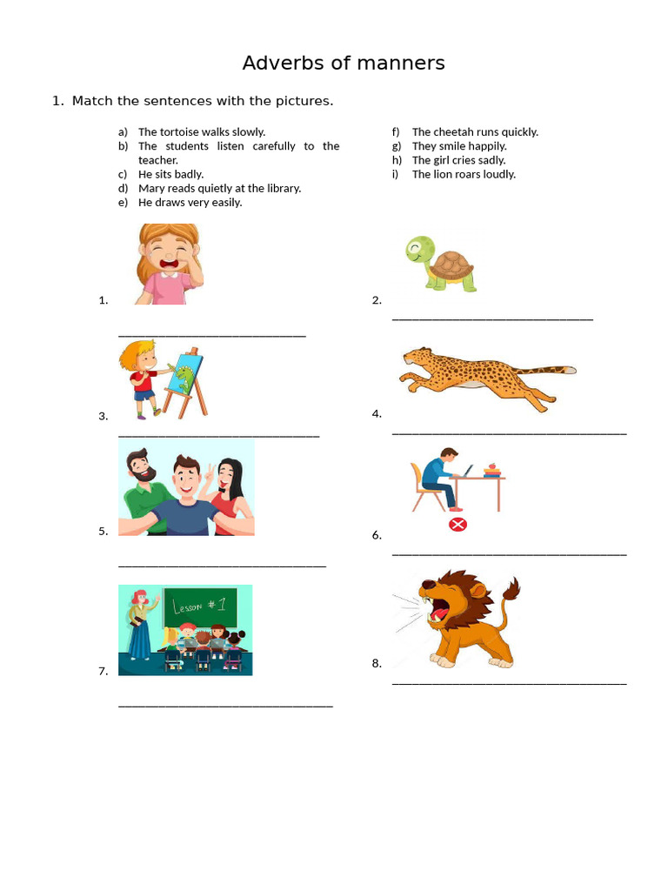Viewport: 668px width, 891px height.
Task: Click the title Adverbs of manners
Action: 344,64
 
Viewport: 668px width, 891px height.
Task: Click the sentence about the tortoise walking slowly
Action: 202,132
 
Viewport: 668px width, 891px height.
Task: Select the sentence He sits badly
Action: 170,174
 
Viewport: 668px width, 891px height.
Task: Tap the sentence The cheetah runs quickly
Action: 475,132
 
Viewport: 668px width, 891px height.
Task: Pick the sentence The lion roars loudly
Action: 464,174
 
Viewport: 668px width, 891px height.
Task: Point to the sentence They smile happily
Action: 459,146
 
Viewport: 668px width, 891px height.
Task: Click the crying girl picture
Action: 168,263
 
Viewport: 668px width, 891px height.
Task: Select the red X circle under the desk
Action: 458,524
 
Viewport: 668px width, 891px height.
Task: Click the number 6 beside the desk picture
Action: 377,535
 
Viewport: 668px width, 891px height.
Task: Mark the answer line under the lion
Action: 509,684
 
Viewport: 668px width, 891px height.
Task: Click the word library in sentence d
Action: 282,188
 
